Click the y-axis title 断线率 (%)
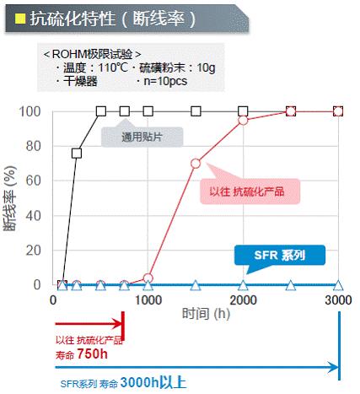(12, 197)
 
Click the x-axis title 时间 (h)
(201, 314)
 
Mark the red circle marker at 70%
(196, 163)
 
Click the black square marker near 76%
(77, 154)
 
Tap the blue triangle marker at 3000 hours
(339, 286)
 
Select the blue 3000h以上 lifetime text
(152, 382)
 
